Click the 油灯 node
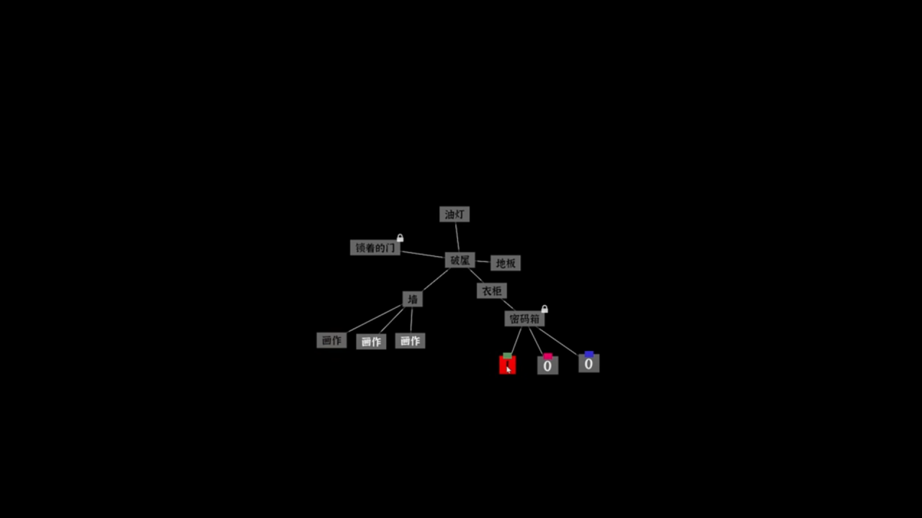pyautogui.click(x=455, y=214)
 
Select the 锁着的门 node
pyautogui.click(x=375, y=247)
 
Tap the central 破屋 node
pyautogui.click(x=460, y=260)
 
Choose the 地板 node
pyautogui.click(x=506, y=263)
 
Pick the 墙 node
pyautogui.click(x=412, y=299)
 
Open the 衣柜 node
pyautogui.click(x=492, y=291)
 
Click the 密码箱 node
pyautogui.click(x=524, y=319)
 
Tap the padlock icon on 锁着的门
pyautogui.click(x=400, y=238)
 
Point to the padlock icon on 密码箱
pyautogui.click(x=545, y=309)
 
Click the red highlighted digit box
pyautogui.click(x=507, y=365)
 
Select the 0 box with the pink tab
pyautogui.click(x=547, y=366)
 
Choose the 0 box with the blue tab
pyautogui.click(x=588, y=364)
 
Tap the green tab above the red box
pyautogui.click(x=508, y=355)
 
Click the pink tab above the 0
pyautogui.click(x=548, y=355)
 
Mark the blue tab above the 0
pyautogui.click(x=589, y=354)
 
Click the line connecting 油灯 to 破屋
pyautogui.click(x=457, y=237)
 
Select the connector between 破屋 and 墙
pyautogui.click(x=435, y=280)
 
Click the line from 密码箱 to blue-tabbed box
pyautogui.click(x=558, y=341)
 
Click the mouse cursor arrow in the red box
pyautogui.click(x=508, y=369)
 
